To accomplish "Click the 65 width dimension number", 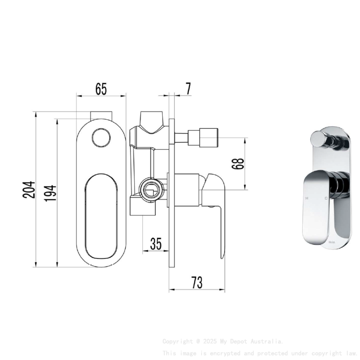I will click(x=101, y=89).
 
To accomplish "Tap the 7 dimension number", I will click(x=188, y=89).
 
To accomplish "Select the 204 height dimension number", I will click(x=29, y=189).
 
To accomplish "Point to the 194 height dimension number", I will click(x=50, y=193).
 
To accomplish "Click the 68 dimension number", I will click(x=238, y=164).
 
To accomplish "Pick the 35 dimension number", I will click(x=156, y=244).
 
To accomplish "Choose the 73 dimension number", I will click(x=197, y=282).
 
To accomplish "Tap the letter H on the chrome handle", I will click(x=307, y=198).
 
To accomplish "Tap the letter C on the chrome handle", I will click(x=326, y=198).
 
